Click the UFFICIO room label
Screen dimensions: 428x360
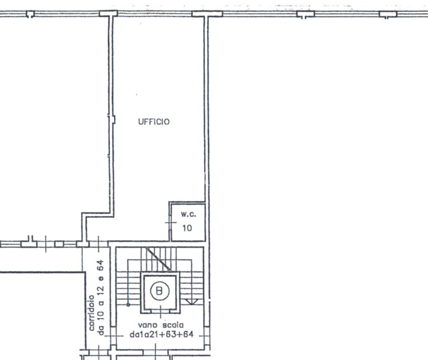pos(154,122)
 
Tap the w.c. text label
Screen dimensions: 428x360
pos(188,214)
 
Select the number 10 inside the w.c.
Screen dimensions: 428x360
pos(187,228)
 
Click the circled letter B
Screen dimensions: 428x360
pos(160,290)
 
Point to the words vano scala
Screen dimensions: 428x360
pos(161,325)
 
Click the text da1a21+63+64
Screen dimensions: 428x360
pos(161,334)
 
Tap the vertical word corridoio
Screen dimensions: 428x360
pos(91,313)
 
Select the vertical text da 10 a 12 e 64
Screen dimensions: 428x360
pos(100,298)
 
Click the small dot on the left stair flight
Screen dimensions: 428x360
pos(128,305)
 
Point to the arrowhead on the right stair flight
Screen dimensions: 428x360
pos(192,302)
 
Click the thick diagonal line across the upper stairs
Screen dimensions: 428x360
pos(158,259)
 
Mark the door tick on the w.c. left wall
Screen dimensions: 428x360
pos(170,223)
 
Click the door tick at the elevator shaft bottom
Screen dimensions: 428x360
pos(160,311)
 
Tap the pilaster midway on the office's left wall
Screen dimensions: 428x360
pos(112,119)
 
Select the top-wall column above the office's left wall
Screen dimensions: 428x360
pos(109,14)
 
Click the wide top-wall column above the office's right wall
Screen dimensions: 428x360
pos(207,14)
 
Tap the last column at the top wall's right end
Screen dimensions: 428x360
pos(388,14)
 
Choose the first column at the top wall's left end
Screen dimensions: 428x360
pos(30,14)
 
